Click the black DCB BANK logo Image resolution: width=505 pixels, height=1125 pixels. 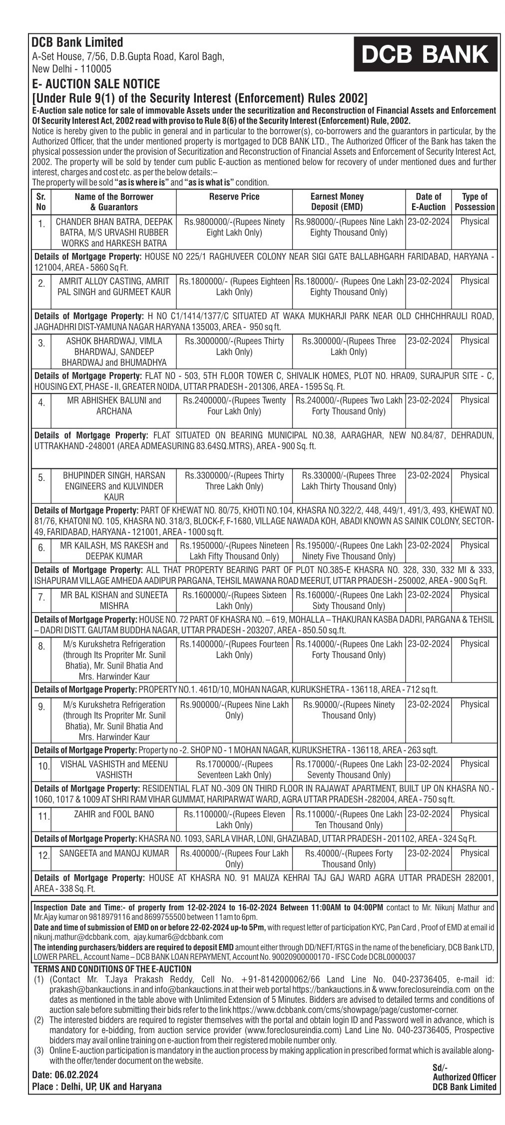[x=425, y=54]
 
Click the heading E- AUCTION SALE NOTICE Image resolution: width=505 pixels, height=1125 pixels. [x=96, y=83]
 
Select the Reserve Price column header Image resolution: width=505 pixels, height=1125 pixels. [x=234, y=197]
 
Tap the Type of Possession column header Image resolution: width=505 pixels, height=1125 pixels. [x=475, y=202]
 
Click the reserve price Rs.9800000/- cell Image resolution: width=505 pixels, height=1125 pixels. [x=234, y=227]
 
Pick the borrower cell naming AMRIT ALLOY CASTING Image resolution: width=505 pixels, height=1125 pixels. [x=114, y=286]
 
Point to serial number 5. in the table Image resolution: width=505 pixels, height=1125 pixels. [x=41, y=478]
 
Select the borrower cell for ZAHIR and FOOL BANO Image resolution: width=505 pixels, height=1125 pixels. [x=114, y=814]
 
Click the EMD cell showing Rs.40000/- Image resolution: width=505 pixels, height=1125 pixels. [x=349, y=859]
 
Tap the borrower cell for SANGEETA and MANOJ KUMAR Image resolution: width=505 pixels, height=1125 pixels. [x=114, y=854]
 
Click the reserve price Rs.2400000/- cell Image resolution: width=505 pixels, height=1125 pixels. [x=234, y=406]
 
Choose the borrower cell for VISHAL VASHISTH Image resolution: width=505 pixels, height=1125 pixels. [x=114, y=769]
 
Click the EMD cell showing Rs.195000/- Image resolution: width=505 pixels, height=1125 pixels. [x=349, y=551]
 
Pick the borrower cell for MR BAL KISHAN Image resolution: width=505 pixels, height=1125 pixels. [x=114, y=600]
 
